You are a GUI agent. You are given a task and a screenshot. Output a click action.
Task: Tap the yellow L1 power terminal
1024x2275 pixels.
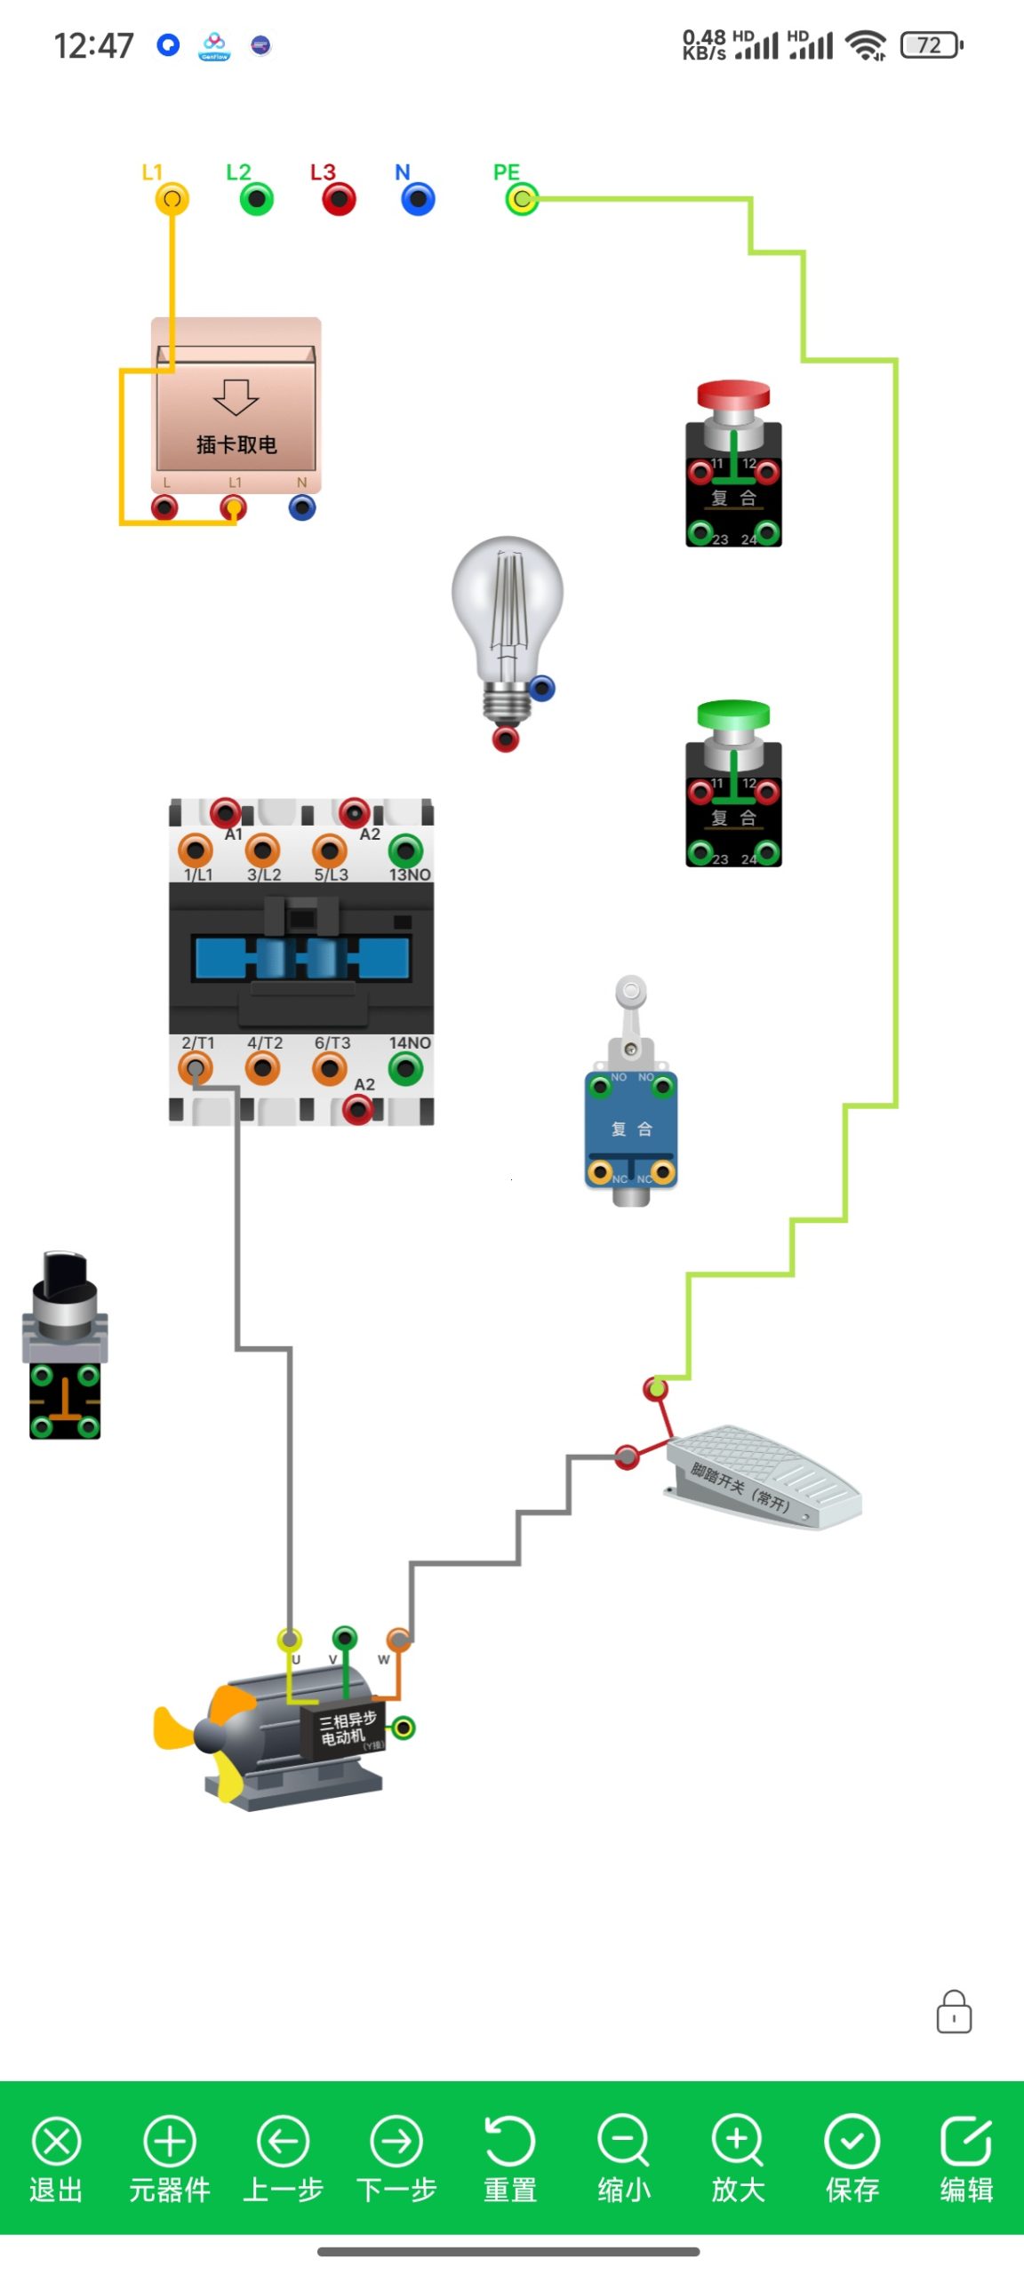pyautogui.click(x=172, y=198)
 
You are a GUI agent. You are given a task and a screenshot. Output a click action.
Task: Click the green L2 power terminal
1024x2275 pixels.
pyautogui.click(x=257, y=198)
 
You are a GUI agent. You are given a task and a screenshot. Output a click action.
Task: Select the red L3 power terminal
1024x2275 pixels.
pyautogui.click(x=339, y=198)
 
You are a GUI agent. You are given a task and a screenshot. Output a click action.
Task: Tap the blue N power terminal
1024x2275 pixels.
pyautogui.click(x=418, y=198)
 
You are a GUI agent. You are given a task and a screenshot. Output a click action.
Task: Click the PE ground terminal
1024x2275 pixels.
pyautogui.click(x=522, y=198)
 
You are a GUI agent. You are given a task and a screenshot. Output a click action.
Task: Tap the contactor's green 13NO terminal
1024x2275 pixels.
pyautogui.click(x=406, y=850)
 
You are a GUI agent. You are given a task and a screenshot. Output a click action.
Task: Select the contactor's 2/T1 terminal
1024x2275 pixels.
pyautogui.click(x=196, y=1067)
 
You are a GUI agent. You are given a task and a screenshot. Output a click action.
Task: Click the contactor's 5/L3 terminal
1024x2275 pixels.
pyautogui.click(x=330, y=850)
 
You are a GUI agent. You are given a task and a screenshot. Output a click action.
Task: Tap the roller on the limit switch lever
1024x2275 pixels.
pyautogui.click(x=631, y=990)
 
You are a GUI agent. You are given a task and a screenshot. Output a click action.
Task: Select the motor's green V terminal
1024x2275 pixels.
pyautogui.click(x=345, y=1637)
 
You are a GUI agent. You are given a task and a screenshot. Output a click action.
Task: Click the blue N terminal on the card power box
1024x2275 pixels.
pyautogui.click(x=302, y=507)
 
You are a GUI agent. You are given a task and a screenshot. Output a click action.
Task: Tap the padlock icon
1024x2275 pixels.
pyautogui.click(x=954, y=2012)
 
